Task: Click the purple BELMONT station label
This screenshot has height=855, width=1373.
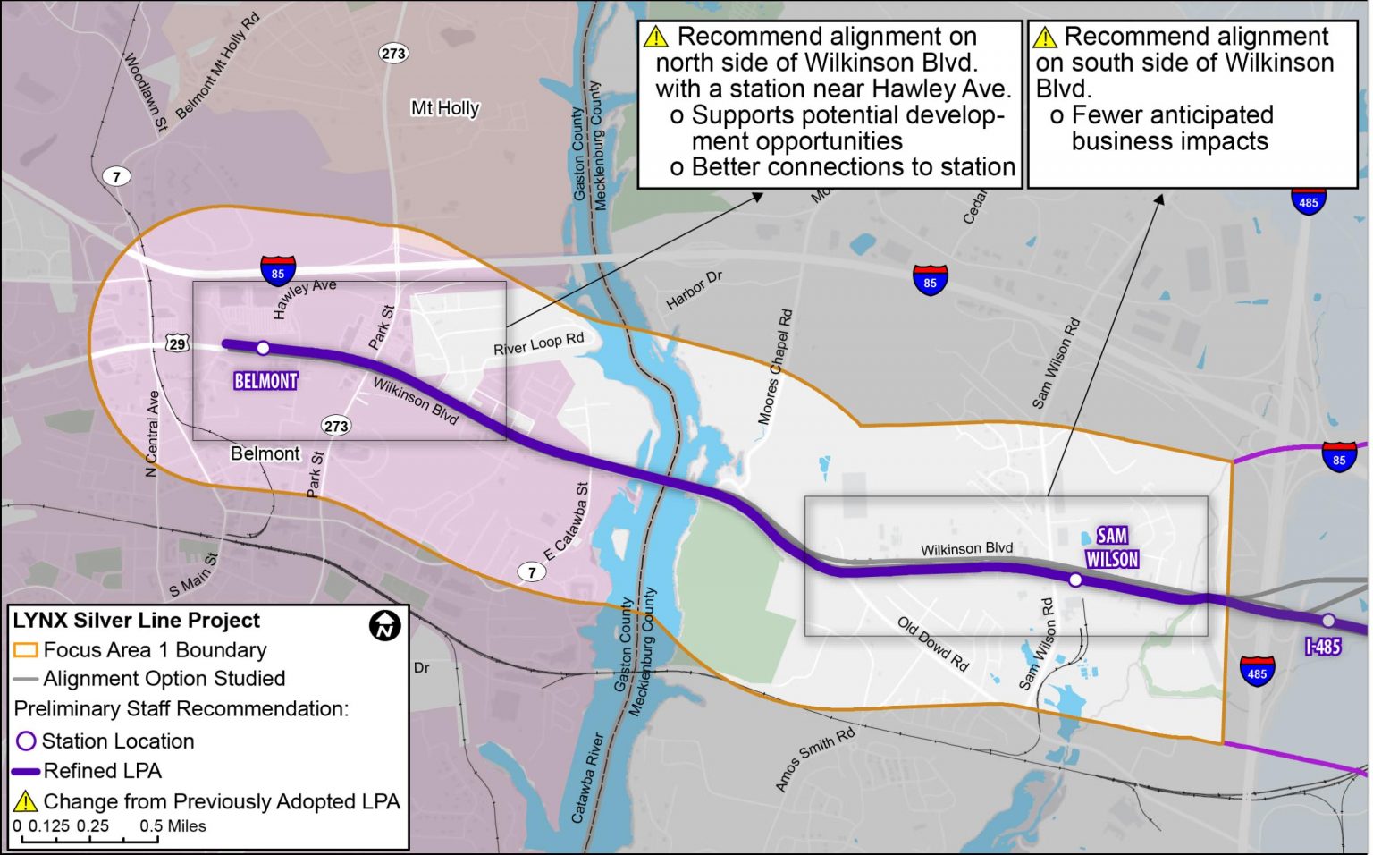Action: (265, 381)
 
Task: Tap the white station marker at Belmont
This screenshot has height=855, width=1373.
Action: (263, 348)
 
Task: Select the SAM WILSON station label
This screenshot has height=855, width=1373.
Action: (1112, 547)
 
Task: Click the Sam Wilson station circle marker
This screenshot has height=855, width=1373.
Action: (1075, 580)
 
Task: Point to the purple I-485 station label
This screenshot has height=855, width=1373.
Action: (1323, 646)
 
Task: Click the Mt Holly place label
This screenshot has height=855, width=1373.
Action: (445, 108)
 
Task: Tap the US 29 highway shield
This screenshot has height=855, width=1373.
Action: (177, 343)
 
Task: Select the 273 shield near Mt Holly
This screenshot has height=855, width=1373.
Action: (393, 53)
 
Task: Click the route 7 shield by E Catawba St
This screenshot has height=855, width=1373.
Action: (532, 572)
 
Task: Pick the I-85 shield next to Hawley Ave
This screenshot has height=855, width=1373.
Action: (278, 271)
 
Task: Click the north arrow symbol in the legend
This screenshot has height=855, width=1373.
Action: (384, 624)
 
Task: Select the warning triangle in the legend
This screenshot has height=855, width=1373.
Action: (25, 801)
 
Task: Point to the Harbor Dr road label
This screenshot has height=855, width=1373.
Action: (694, 290)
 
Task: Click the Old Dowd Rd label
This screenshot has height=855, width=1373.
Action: (933, 643)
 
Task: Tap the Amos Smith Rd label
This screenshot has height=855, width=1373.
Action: (814, 759)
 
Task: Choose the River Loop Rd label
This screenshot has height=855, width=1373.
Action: (538, 344)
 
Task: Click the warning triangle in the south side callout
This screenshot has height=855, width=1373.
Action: (1044, 38)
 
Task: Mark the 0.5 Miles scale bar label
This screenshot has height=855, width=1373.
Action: (173, 826)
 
